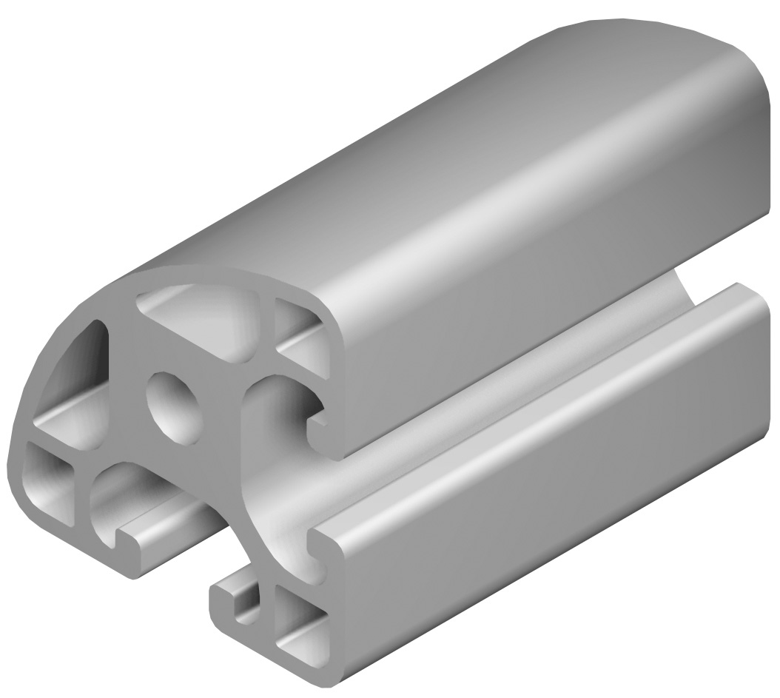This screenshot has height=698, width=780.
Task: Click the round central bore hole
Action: tap(175, 407)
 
